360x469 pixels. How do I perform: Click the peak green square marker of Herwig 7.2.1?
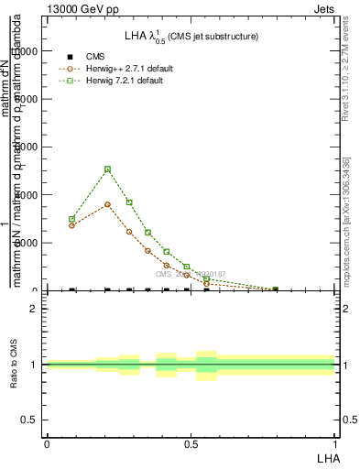coord(108,169)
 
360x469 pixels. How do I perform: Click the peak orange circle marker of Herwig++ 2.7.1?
coord(108,204)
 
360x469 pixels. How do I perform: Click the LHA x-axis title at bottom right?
coord(327,456)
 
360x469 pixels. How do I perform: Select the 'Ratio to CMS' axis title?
coord(15,365)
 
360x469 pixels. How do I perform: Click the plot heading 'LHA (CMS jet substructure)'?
coord(191,37)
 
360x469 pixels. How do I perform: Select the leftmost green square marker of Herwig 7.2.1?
coord(71,219)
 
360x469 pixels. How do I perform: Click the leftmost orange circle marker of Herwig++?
coord(71,225)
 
